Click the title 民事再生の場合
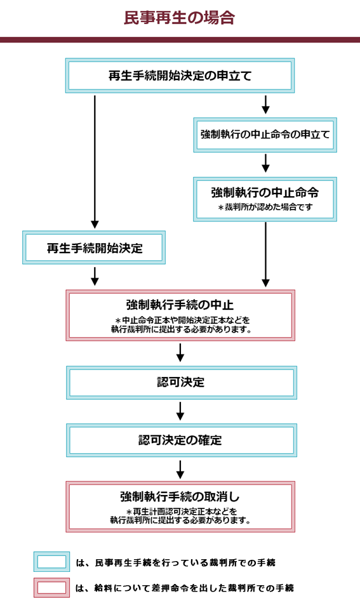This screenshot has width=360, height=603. [x=179, y=18]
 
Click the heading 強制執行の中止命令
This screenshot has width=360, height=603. [x=265, y=192]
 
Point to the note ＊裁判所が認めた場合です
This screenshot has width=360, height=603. [x=265, y=208]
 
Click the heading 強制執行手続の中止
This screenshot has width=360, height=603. [x=180, y=305]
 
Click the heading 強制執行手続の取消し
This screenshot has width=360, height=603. [x=180, y=497]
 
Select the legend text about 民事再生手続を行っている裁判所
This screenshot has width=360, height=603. [x=175, y=562]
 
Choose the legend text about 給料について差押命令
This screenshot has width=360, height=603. [x=185, y=588]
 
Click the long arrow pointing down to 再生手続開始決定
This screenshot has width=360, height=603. [x=95, y=162]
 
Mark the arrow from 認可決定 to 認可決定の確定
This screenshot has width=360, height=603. [x=180, y=411]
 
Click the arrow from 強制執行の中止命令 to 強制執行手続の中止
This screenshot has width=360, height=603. [x=265, y=255]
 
